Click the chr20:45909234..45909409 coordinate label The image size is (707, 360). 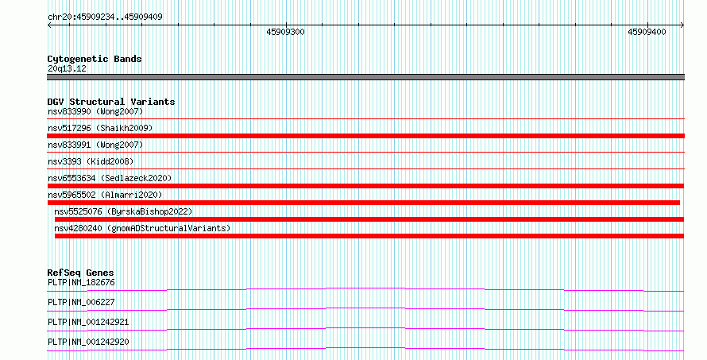[105, 17]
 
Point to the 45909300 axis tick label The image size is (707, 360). [285, 32]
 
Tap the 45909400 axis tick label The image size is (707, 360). [647, 32]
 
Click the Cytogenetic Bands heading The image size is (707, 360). [95, 59]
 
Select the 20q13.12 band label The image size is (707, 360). [67, 68]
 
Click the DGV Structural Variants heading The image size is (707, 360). [111, 102]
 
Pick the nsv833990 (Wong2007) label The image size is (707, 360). [95, 111]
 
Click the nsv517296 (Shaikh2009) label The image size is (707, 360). [100, 128]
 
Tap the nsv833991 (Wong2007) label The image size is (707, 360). [95, 145]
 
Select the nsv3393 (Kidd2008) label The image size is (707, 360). [91, 161]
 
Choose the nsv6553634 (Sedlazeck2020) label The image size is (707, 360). [110, 178]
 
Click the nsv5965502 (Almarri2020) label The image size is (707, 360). [105, 195]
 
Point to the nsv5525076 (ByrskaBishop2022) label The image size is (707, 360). [123, 211]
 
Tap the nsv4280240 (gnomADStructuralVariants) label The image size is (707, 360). [142, 228]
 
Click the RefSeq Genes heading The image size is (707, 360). [80, 273]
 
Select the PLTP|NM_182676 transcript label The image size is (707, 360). [81, 283]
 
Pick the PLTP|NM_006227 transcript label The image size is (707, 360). [81, 302]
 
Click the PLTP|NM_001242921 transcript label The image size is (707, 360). [88, 322]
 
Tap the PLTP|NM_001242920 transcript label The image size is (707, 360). [88, 342]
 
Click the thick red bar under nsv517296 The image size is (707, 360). [365, 136]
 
